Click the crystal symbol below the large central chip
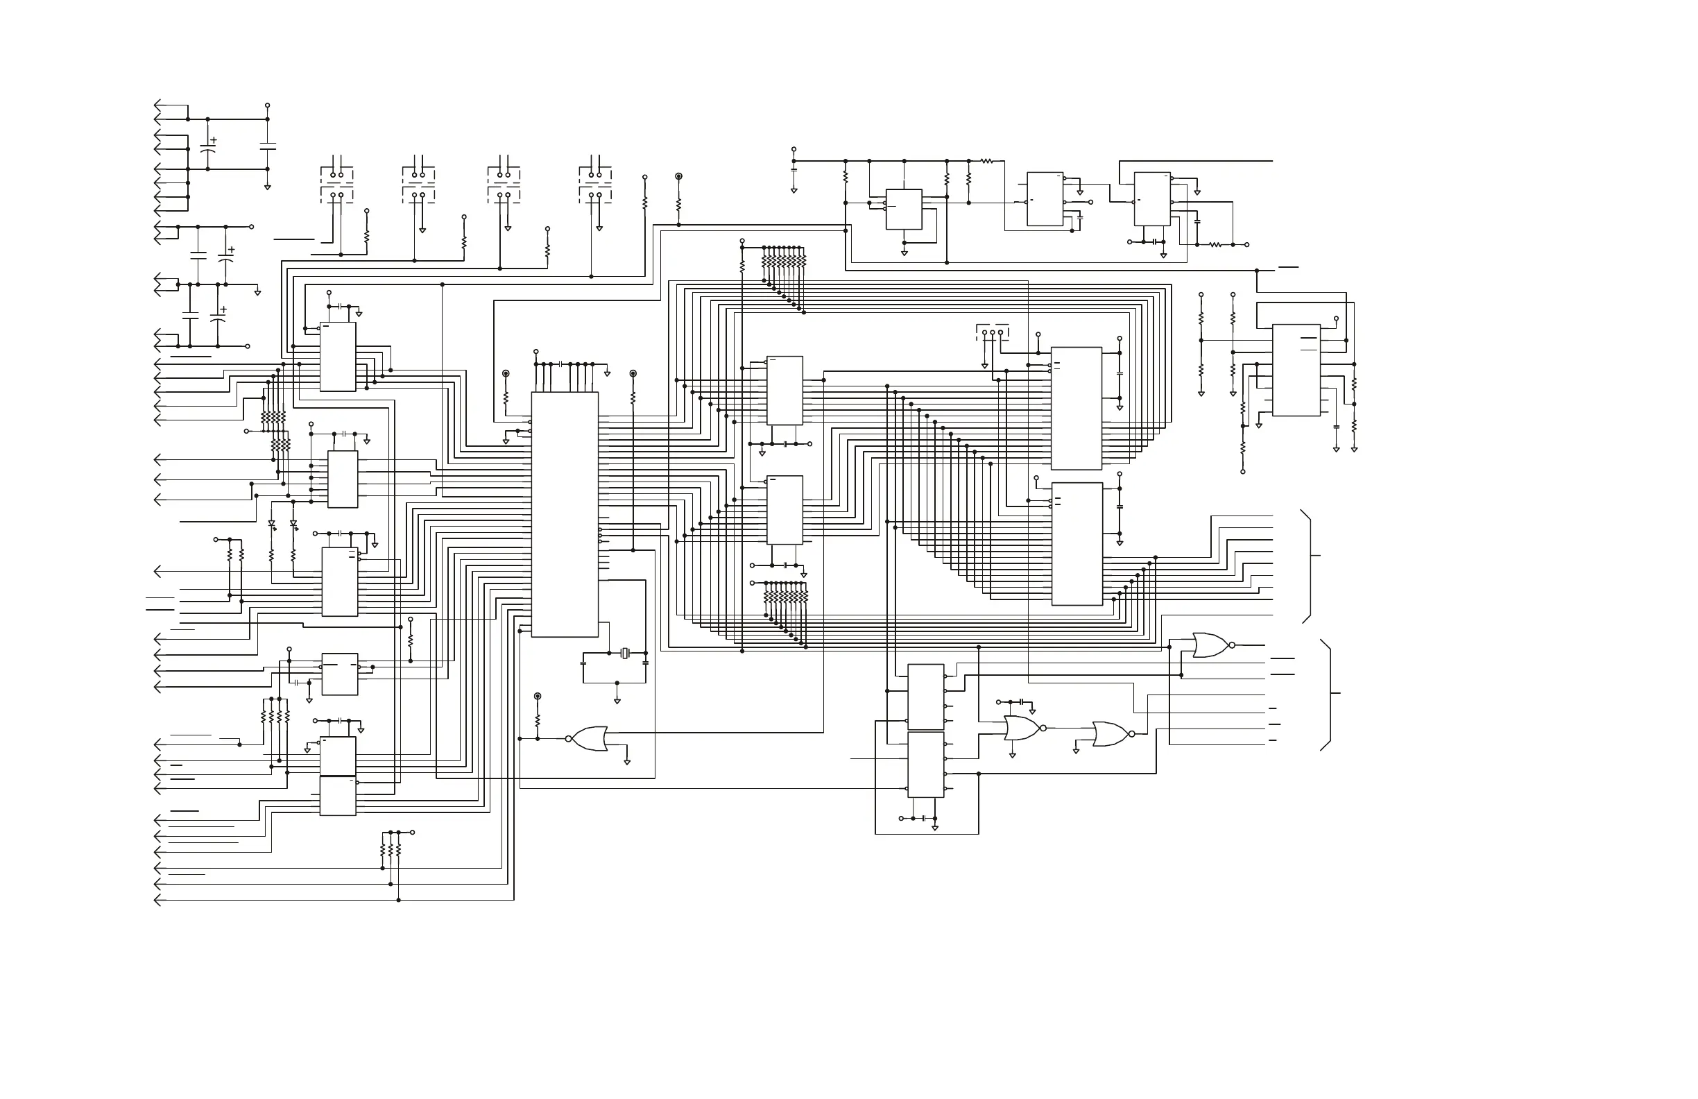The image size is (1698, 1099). tap(625, 653)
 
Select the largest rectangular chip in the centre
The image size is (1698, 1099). tap(565, 514)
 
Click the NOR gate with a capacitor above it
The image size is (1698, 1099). tap(1022, 728)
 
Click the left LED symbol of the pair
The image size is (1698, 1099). tap(271, 524)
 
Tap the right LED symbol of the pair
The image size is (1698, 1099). tap(293, 524)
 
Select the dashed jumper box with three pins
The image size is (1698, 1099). tap(993, 332)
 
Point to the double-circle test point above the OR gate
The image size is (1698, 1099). tap(538, 696)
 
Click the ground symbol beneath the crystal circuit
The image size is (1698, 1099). tap(617, 701)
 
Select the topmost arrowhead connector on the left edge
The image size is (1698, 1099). tap(157, 105)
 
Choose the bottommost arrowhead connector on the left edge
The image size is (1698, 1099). tap(157, 901)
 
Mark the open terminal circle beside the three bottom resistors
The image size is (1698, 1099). tap(413, 832)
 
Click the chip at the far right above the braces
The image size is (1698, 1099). tap(1296, 370)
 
